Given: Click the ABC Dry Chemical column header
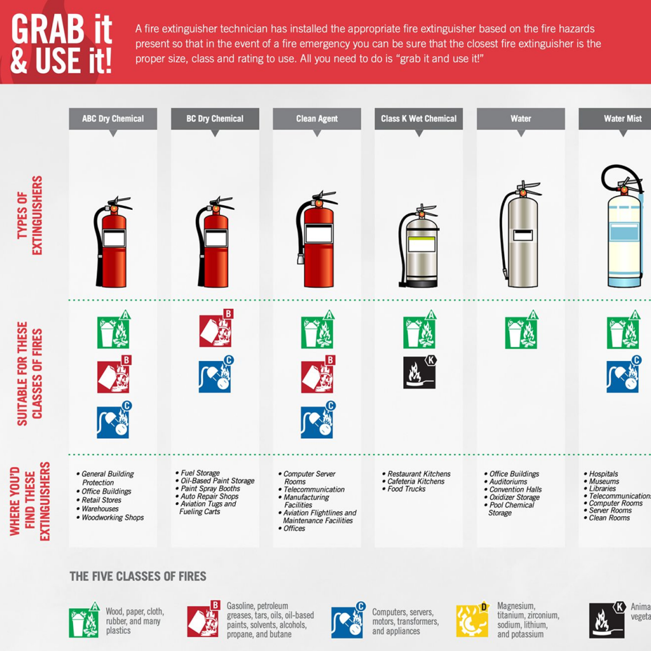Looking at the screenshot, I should tap(113, 119).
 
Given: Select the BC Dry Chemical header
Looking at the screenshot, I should tap(215, 119).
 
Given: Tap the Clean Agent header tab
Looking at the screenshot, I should tap(317, 119).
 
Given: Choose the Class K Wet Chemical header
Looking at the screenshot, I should tap(418, 119).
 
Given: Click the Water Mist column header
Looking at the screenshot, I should tap(622, 119).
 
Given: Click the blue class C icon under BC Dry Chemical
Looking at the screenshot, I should tap(216, 376).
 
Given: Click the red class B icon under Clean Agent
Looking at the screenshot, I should tap(317, 376).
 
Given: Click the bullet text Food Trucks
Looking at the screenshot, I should tap(406, 490).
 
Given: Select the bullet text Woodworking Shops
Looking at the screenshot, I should tap(113, 518).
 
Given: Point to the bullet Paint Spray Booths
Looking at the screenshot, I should tap(210, 489).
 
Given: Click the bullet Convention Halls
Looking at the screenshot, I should tap(516, 490).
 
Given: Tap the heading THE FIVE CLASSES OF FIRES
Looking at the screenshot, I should tap(138, 577).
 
